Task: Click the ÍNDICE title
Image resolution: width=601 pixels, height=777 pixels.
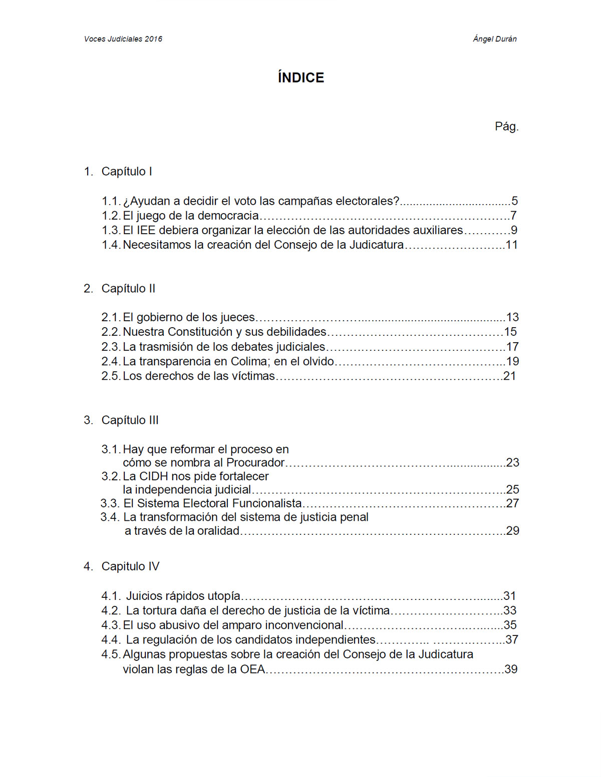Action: [300, 78]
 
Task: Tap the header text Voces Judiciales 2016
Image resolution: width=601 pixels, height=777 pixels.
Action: [123, 39]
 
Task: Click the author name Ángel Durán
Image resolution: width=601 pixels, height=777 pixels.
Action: [494, 39]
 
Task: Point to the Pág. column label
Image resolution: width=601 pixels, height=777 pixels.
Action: [506, 127]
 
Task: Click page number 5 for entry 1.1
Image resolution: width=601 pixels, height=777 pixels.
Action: [514, 201]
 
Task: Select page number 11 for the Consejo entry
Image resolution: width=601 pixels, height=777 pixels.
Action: [511, 245]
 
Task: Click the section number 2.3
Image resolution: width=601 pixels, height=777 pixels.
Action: [111, 347]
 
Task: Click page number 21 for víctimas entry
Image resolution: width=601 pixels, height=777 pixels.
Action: [509, 376]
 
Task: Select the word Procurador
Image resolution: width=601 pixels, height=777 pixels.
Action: [255, 463]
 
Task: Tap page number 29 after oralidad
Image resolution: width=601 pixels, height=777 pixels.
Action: [512, 531]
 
